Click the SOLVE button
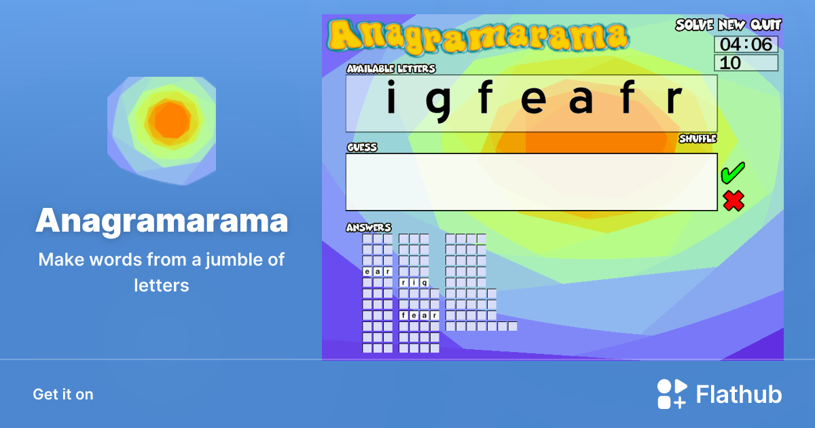click(694, 25)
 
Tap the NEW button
click(731, 25)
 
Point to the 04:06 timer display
click(746, 45)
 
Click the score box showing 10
click(746, 63)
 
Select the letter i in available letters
click(391, 99)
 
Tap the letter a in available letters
click(581, 101)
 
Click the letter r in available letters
click(673, 101)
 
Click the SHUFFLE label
click(698, 139)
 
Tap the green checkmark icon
click(733, 173)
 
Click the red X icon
click(733, 200)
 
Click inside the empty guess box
click(531, 182)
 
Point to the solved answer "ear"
click(377, 272)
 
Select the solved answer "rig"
click(414, 283)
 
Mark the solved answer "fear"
click(418, 315)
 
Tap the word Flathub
click(739, 394)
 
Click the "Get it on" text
click(63, 394)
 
